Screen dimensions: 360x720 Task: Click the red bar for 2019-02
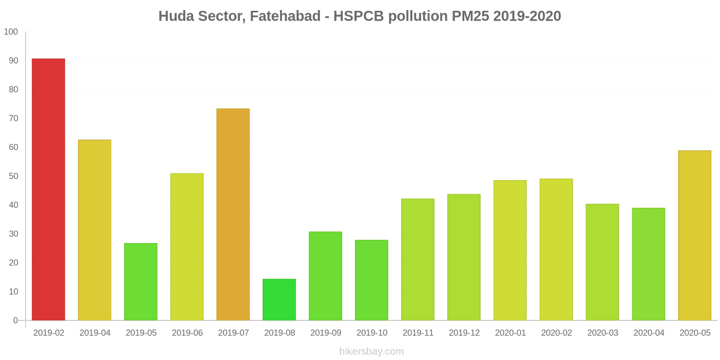click(x=49, y=189)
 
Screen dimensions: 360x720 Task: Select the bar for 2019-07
click(x=233, y=214)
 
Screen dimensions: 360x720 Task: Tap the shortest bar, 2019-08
click(x=279, y=300)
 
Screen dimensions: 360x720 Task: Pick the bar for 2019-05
click(x=141, y=282)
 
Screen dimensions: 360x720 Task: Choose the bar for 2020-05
click(x=695, y=235)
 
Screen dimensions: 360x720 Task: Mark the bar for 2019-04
click(x=94, y=230)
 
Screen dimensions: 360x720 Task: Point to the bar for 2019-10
click(x=372, y=280)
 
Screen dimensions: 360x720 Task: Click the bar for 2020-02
click(x=556, y=249)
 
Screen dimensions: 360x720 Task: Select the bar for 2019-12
click(x=464, y=257)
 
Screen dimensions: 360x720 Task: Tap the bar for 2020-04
click(x=648, y=264)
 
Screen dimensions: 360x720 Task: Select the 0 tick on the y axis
click(x=15, y=320)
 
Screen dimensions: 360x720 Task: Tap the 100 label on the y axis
click(x=11, y=32)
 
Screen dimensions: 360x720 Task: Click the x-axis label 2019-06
click(x=187, y=333)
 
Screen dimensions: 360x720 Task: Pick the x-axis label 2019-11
click(x=418, y=333)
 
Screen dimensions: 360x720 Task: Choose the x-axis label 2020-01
click(x=510, y=333)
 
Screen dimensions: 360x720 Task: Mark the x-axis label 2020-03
click(x=603, y=333)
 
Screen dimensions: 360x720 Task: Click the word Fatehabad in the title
click(x=285, y=16)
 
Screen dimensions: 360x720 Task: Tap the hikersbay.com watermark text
click(x=372, y=351)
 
